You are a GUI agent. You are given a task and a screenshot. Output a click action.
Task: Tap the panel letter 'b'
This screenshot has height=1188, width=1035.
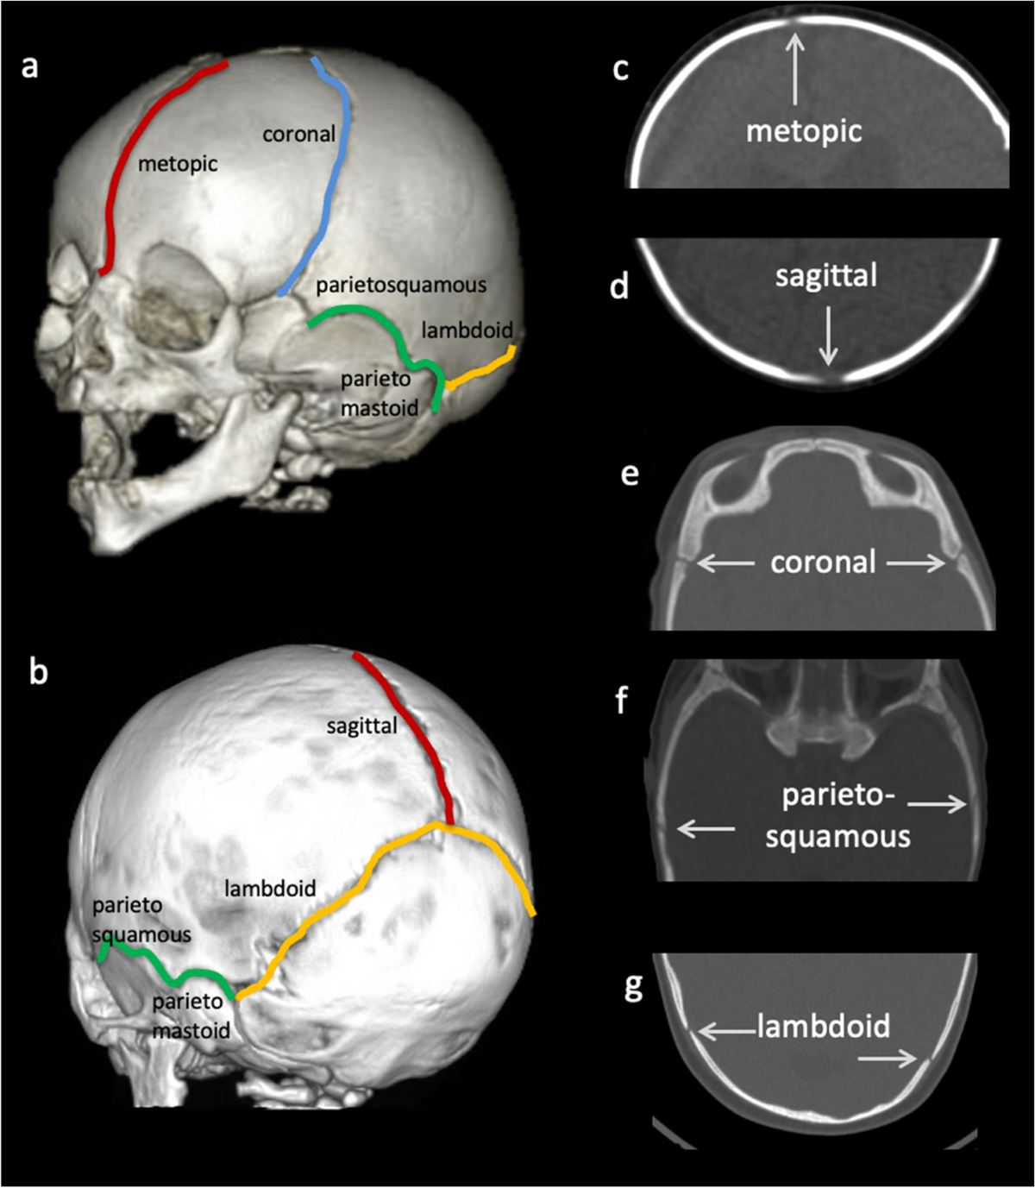38,672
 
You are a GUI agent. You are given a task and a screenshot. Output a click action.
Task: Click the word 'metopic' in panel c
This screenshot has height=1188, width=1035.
803,131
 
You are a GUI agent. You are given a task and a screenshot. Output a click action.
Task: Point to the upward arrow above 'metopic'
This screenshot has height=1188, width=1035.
795,68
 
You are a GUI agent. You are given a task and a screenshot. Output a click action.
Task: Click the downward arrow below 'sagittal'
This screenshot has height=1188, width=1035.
828,336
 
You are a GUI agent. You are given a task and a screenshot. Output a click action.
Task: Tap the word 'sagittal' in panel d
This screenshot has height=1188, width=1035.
826,276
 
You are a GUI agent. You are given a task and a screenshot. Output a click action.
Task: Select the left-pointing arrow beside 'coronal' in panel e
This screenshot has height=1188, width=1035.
725,563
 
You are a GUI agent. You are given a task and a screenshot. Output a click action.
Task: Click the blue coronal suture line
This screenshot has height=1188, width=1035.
335,174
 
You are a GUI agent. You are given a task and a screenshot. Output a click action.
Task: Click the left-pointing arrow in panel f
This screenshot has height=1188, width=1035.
706,828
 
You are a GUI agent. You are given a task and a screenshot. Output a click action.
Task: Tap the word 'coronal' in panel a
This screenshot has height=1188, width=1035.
299,135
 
